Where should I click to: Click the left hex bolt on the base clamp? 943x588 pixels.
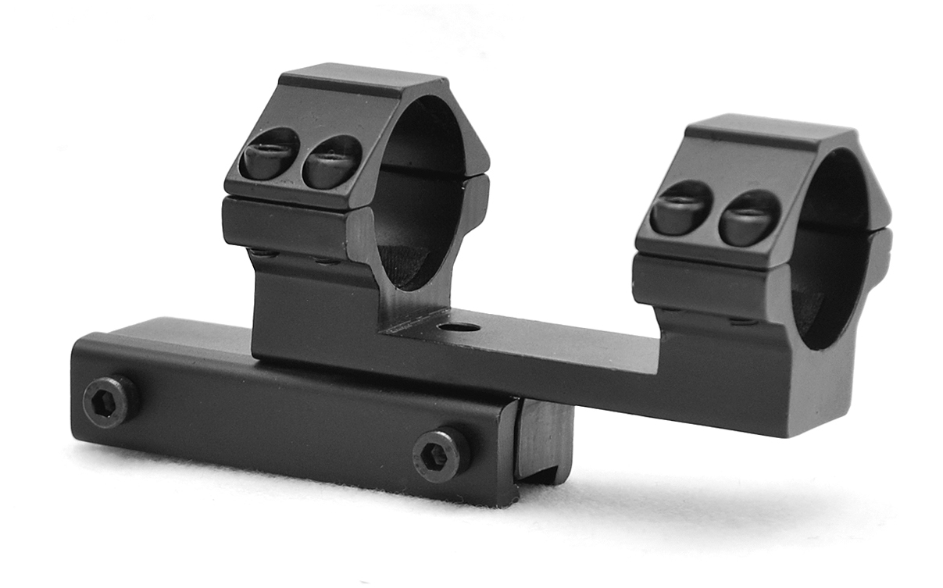click(110, 401)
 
